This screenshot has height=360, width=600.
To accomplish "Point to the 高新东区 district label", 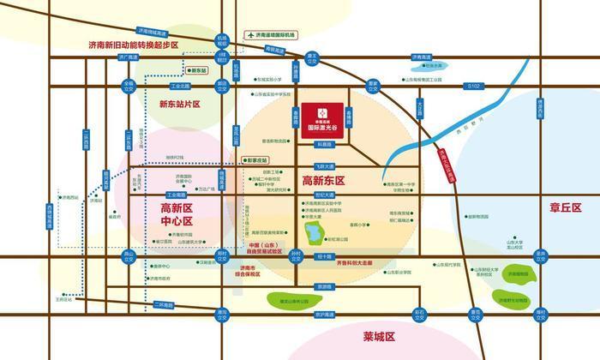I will [323, 181].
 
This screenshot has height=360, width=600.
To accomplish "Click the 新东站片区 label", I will [179, 105].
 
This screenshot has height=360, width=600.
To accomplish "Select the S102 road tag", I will [473, 86].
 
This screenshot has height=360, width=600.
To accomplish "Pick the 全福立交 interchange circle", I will [129, 86].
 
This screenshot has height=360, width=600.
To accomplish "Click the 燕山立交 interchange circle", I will [129, 255].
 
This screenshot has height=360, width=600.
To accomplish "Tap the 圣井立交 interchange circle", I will [541, 255].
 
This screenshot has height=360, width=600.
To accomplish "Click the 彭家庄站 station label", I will [256, 159].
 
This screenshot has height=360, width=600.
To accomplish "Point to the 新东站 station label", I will [199, 69].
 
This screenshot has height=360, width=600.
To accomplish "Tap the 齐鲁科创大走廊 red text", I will [355, 263].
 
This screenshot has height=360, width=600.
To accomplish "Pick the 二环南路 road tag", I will [163, 304].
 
